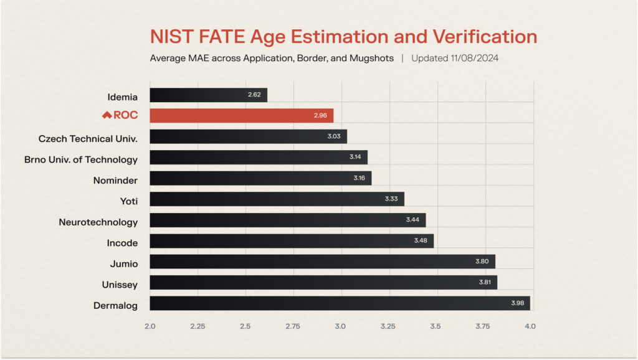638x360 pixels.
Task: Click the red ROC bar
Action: point(242,116)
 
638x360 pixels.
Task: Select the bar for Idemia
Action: point(208,95)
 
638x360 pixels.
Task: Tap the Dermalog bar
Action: point(340,303)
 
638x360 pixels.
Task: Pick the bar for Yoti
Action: point(277,199)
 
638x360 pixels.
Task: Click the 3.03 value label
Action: point(334,136)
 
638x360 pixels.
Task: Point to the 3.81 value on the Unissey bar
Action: point(484,283)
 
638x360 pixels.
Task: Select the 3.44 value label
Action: point(413,220)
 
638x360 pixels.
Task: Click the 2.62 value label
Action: point(254,95)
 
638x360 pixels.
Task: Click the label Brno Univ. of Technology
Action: point(81,159)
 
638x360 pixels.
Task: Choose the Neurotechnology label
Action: point(98,222)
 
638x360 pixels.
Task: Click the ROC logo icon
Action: point(107,115)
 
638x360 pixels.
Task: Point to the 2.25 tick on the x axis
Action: point(198,326)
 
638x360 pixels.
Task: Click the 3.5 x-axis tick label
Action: point(436,326)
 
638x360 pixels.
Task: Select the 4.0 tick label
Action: point(530,326)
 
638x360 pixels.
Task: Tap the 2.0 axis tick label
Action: point(150,326)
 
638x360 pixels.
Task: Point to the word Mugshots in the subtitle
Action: point(373,58)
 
